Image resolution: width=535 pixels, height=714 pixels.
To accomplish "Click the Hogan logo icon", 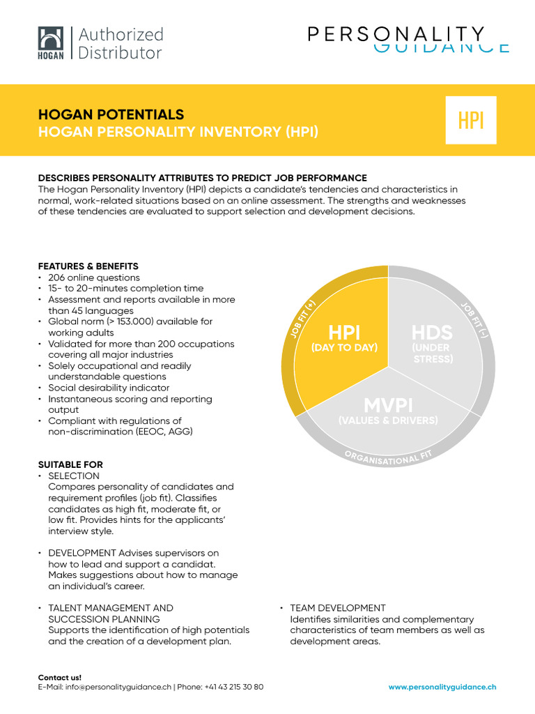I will click(x=50, y=43).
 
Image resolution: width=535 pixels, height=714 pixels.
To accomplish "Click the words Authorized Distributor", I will click(x=121, y=43).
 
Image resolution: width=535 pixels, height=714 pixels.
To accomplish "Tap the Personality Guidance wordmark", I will click(x=409, y=39).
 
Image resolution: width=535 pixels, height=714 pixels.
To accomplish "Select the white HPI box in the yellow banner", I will click(x=471, y=120).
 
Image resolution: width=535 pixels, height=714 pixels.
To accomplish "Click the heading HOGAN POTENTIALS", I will click(x=111, y=114).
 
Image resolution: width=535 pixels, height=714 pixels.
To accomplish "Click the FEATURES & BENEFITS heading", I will click(x=88, y=266).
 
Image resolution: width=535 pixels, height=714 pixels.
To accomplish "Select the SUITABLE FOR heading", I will click(x=70, y=464).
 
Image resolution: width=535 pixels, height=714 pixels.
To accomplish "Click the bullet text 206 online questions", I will click(x=93, y=278).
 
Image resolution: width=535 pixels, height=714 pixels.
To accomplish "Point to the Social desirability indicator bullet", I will click(x=109, y=388).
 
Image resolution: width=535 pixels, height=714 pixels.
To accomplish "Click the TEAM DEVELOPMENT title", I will click(x=338, y=608).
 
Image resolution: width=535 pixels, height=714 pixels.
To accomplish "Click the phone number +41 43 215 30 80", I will click(x=234, y=687).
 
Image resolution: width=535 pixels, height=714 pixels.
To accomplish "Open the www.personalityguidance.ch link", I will click(x=442, y=687).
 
